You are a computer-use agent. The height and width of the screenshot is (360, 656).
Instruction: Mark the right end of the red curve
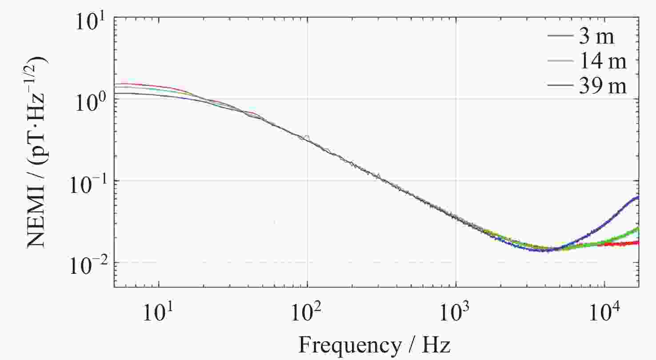638,242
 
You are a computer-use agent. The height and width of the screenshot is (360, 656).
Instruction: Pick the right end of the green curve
638,228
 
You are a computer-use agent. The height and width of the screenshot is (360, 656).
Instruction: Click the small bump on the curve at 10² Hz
307,136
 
